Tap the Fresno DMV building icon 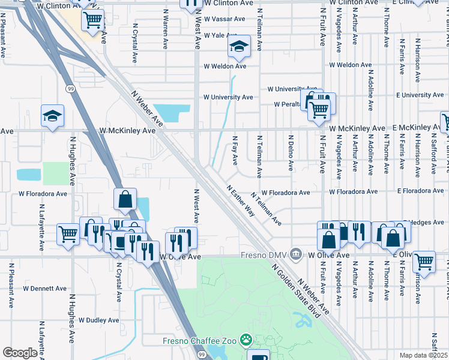point(295,255)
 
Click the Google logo point(20,353)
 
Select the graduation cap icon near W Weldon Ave point(239,47)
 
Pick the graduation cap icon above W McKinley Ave point(52,116)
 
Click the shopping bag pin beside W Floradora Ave point(124,200)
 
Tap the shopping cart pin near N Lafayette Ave point(68,235)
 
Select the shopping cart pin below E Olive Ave point(424,262)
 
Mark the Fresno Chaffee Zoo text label point(200,341)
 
